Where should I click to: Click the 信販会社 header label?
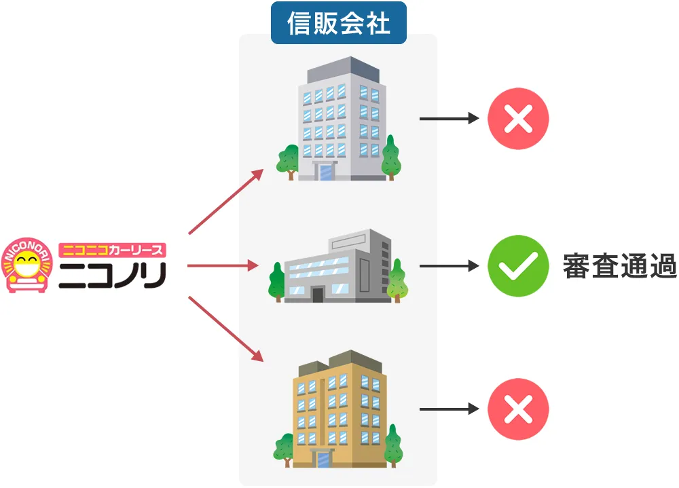pyautogui.click(x=338, y=24)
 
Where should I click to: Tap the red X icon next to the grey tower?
pyautogui.click(x=518, y=119)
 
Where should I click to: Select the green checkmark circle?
pyautogui.click(x=518, y=265)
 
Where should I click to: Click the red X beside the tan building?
pyautogui.click(x=518, y=409)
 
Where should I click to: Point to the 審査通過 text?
pyautogui.click(x=619, y=266)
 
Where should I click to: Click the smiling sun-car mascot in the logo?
pyautogui.click(x=26, y=265)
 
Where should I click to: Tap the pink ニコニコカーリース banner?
pyautogui.click(x=113, y=250)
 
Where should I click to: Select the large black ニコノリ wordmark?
pyautogui.click(x=112, y=274)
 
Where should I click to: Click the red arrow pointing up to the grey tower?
pyautogui.click(x=225, y=201)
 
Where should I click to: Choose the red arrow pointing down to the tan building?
pyautogui.click(x=225, y=329)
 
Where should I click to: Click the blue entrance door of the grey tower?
pyautogui.click(x=328, y=172)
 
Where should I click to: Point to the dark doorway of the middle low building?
pyautogui.click(x=317, y=294)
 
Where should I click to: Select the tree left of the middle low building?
pyautogui.click(x=277, y=281)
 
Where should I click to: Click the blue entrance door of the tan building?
pyautogui.click(x=323, y=459)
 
